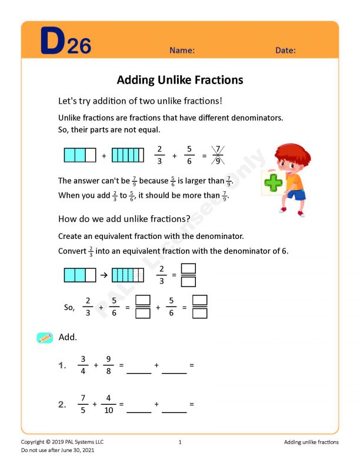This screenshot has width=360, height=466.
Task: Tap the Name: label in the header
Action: (x=182, y=51)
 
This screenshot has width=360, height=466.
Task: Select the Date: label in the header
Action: (x=285, y=51)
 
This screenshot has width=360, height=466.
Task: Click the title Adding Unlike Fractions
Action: (x=180, y=80)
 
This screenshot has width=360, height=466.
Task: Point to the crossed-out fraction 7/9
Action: (x=218, y=156)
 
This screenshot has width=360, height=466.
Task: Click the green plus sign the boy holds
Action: (x=273, y=182)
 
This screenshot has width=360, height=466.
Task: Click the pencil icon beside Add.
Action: (x=45, y=338)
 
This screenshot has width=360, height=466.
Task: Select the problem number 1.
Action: (x=62, y=365)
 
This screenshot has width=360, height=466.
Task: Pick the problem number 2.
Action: (x=62, y=404)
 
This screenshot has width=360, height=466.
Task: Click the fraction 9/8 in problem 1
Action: (x=108, y=365)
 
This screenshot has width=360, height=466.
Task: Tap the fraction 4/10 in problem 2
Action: (x=108, y=404)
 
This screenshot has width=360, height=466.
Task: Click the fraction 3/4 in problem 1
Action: (x=83, y=365)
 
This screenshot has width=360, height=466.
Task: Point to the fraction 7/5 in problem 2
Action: (x=83, y=404)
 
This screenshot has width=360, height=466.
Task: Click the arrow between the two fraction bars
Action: (x=104, y=275)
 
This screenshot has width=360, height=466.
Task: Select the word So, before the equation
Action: (x=69, y=307)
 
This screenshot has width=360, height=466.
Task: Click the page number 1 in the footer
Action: (x=180, y=442)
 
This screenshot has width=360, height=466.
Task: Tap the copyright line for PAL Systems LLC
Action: (x=62, y=442)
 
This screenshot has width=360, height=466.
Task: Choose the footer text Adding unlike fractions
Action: (x=311, y=442)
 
